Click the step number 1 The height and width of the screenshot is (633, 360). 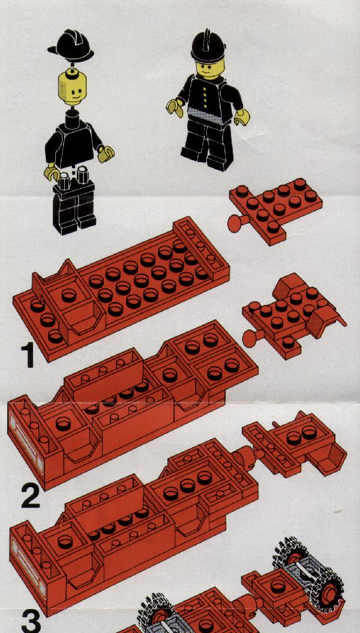27,355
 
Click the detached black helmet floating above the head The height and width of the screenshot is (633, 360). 71,45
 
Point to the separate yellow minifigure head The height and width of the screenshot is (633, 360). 72,87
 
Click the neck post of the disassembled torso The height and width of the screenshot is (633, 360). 72,118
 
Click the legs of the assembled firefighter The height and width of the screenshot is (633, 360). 208,145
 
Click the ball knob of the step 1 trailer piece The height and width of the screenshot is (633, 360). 250,338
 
